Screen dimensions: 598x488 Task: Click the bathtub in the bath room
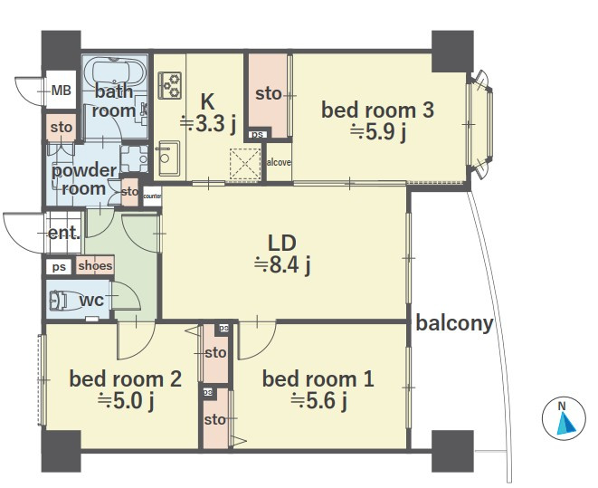114,72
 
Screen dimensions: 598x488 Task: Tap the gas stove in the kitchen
170,85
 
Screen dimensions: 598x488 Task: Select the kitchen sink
167,158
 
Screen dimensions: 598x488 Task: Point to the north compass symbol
564,418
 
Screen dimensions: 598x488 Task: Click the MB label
61,91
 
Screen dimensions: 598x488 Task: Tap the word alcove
279,162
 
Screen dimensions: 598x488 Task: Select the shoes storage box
95,265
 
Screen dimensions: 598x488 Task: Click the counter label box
152,196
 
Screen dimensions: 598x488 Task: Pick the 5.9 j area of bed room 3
378,132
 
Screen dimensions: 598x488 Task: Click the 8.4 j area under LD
282,265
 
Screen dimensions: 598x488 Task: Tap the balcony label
454,323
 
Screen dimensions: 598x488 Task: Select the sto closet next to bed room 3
268,93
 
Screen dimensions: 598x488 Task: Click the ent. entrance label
64,233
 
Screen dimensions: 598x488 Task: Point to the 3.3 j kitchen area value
208,123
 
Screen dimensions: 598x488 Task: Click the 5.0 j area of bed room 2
126,401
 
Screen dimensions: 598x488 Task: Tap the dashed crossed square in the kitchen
245,163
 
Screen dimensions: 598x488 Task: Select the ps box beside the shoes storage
59,267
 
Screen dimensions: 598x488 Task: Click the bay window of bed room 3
479,124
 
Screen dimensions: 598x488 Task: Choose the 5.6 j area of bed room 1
318,401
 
